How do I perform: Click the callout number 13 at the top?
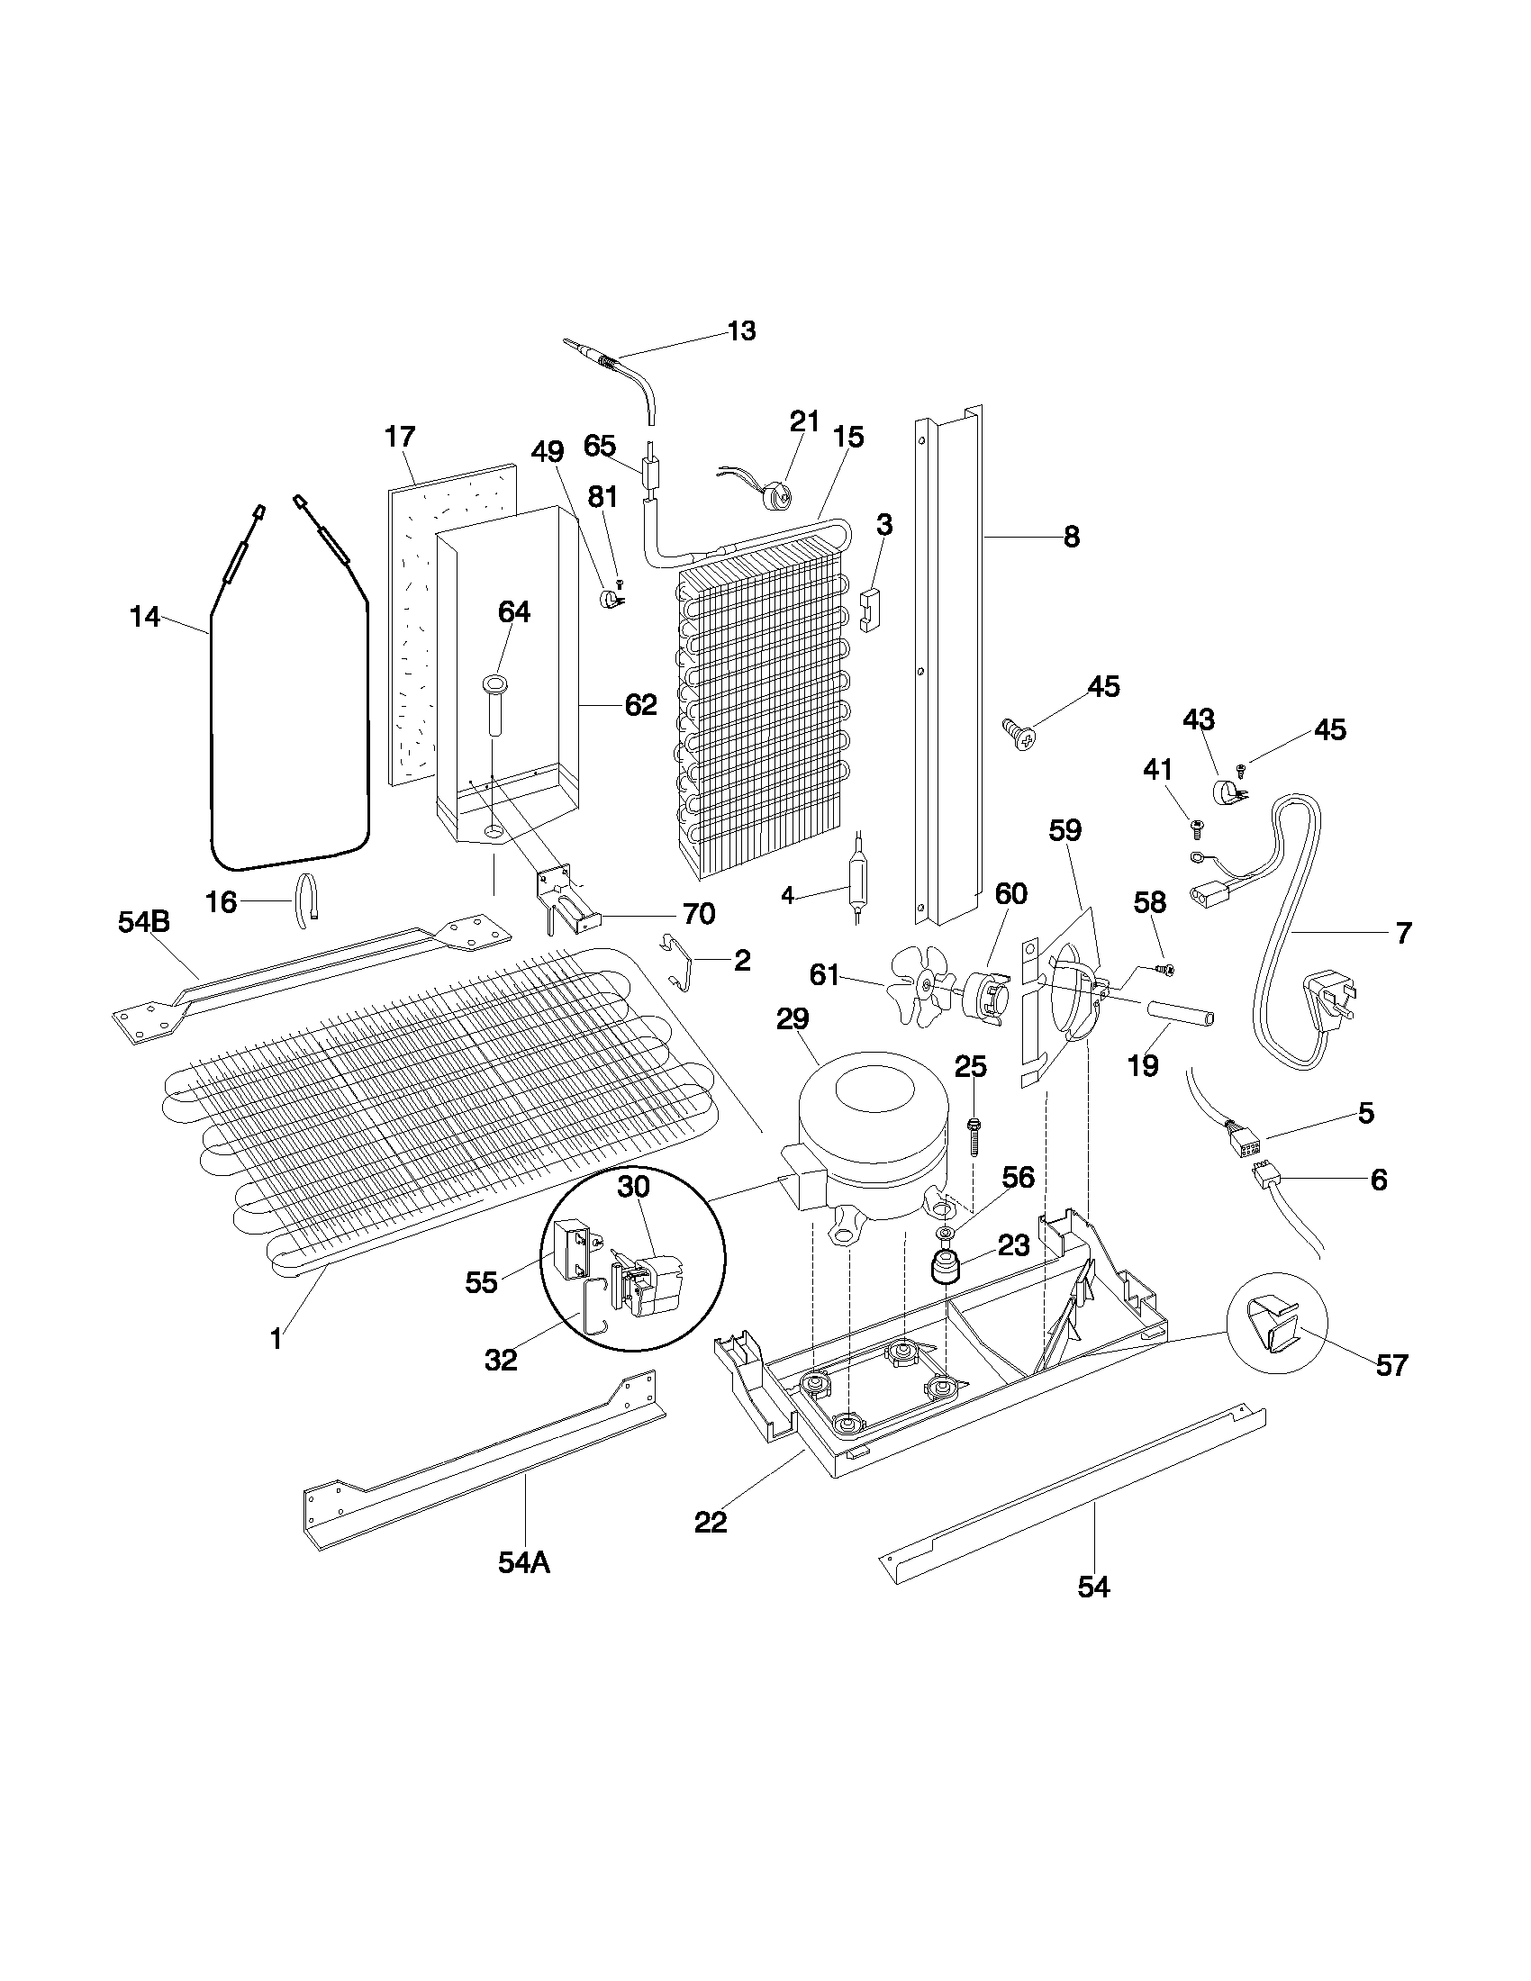741,331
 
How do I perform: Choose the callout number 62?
640,705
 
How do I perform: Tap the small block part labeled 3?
871,609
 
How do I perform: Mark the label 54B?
143,921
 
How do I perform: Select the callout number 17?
399,438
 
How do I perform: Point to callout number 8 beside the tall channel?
1071,537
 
